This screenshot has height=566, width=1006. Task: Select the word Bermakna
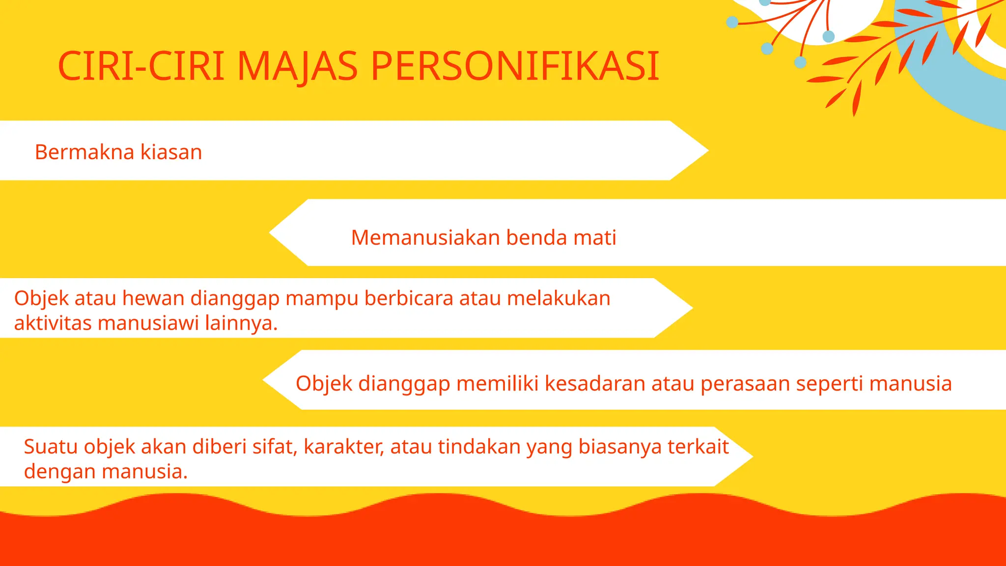[x=84, y=152]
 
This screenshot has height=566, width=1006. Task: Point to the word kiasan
[x=171, y=152]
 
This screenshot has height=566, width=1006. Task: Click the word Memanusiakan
[x=425, y=238]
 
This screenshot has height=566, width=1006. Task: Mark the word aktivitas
[x=53, y=324]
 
